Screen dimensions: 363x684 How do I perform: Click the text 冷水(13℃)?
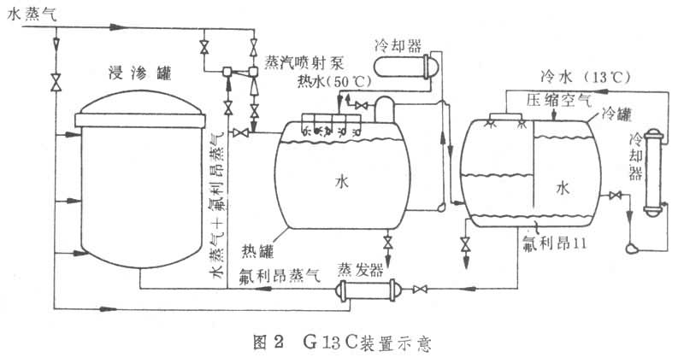tap(586, 77)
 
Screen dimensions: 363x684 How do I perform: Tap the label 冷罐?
tap(617, 112)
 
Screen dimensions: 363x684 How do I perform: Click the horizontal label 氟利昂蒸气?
tap(280, 275)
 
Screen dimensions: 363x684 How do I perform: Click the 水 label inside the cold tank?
tap(563, 186)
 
